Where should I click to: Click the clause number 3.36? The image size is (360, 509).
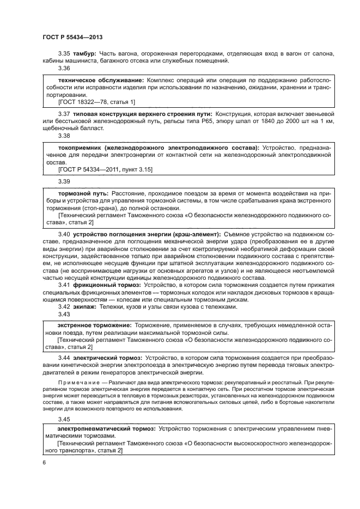(64, 69)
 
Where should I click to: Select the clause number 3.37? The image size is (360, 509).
(64, 113)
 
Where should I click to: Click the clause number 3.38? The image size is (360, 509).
(64, 136)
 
